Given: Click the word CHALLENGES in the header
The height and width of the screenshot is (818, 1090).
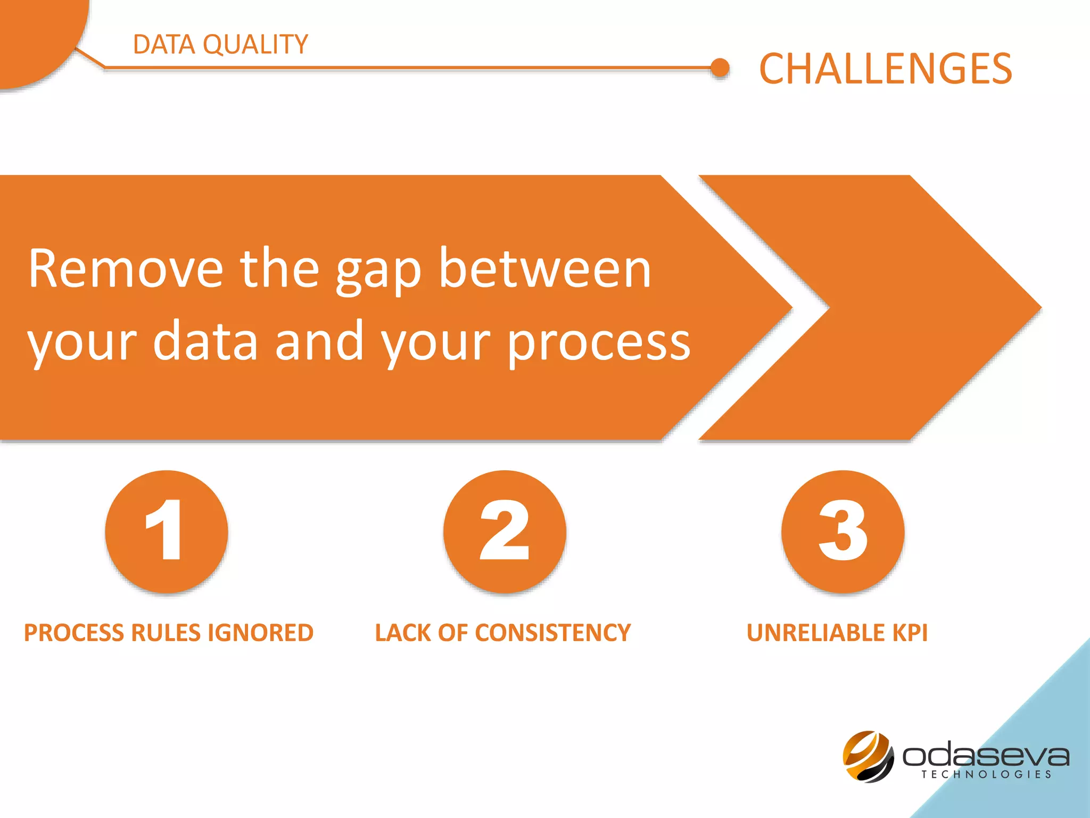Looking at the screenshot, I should tap(885, 69).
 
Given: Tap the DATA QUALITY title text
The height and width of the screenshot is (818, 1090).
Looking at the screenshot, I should tap(220, 44).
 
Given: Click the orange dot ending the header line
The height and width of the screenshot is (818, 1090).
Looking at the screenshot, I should tap(720, 68).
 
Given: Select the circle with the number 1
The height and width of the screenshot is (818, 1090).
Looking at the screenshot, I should tap(167, 531).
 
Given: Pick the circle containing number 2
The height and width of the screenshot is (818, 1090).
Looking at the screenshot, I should tap(505, 531).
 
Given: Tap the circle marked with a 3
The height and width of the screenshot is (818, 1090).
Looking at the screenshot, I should tap(843, 531).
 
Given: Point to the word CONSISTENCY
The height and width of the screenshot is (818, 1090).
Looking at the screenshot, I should tap(552, 633).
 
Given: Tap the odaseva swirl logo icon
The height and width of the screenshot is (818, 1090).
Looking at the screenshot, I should tap(868, 756).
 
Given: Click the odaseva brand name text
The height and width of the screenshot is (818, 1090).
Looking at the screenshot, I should tap(985, 755).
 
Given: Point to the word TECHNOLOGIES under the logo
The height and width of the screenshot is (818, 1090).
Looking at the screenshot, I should tap(986, 774).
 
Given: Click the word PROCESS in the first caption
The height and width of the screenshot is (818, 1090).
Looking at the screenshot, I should tap(75, 633).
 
